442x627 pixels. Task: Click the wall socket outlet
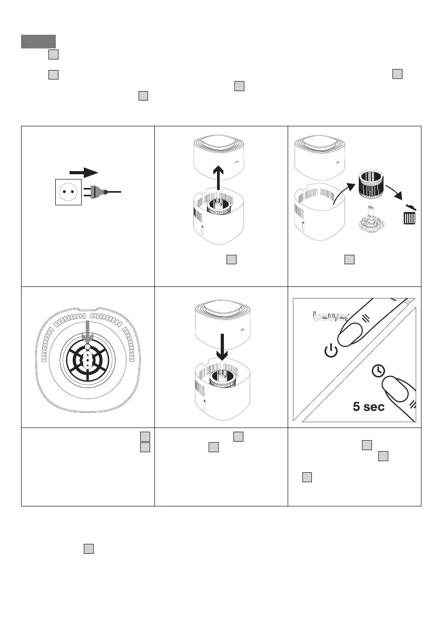click(67, 193)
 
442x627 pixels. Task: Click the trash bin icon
click(409, 217)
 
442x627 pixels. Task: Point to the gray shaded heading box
click(38, 41)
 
